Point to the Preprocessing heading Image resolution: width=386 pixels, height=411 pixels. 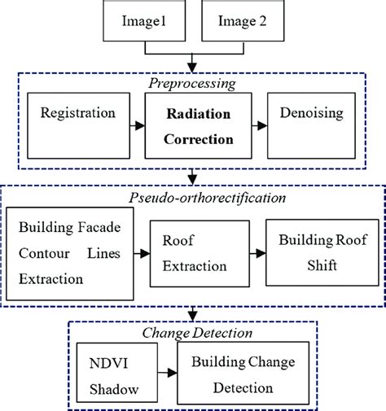point(193,84)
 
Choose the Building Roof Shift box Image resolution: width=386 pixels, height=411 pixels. point(312,254)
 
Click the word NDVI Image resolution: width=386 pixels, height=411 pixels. point(105,360)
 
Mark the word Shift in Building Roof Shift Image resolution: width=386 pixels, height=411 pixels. point(312,265)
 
